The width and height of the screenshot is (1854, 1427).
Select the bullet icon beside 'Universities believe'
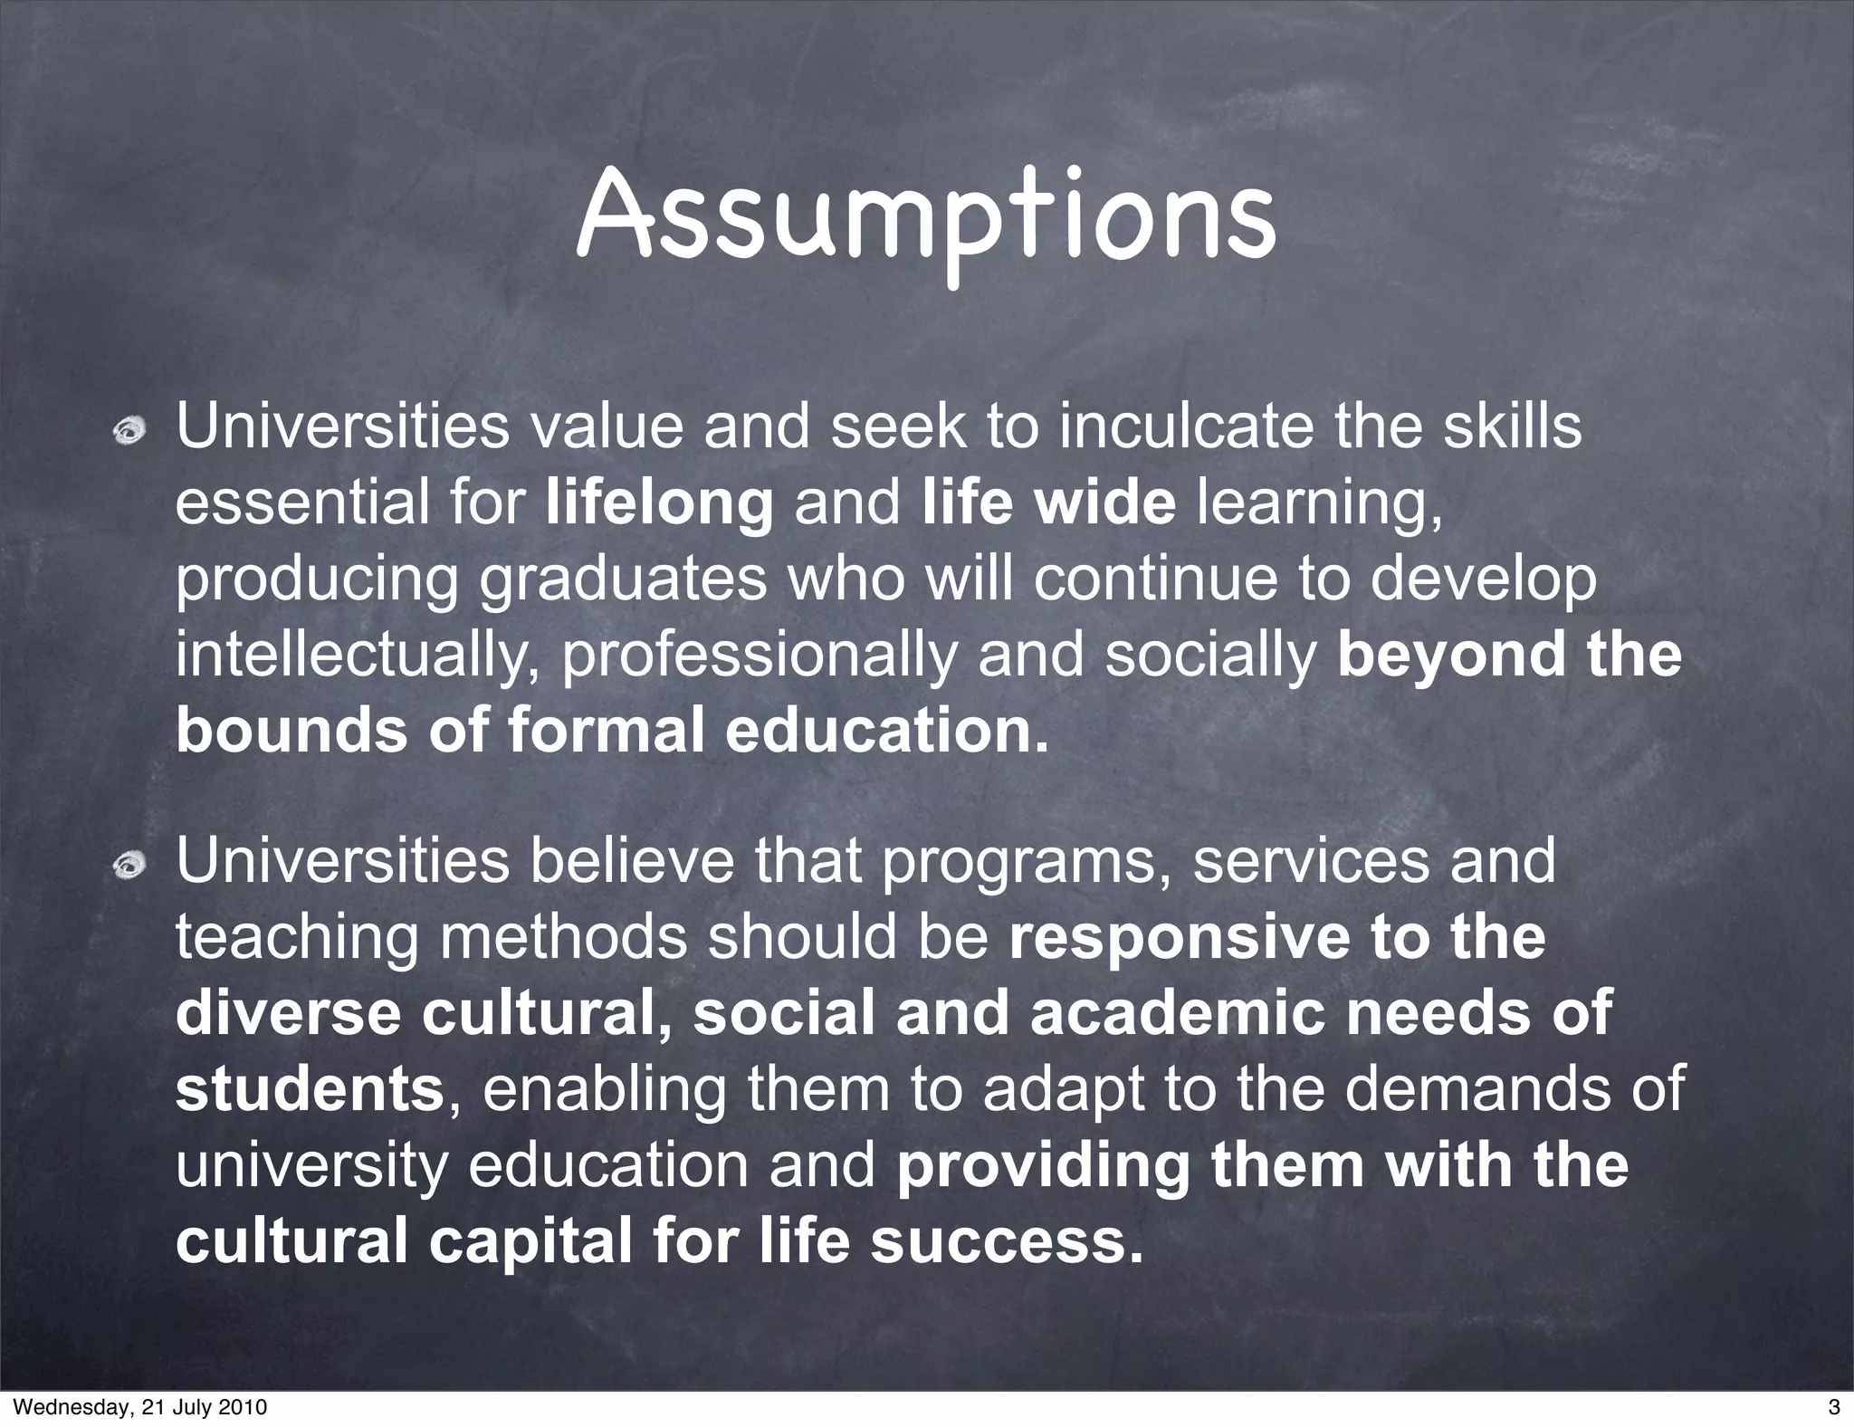coord(129,867)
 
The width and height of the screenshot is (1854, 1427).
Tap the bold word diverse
coord(288,1013)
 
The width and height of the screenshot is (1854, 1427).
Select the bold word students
coord(309,1090)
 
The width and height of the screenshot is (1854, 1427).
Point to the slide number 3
coord(1833,1407)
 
